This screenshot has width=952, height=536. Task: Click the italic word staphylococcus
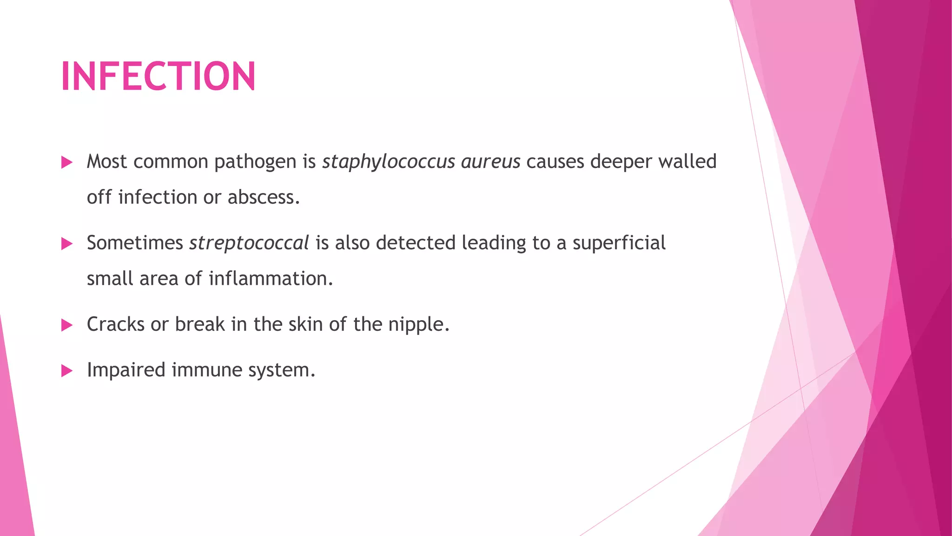click(x=389, y=162)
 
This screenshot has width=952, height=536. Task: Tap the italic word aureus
click(x=490, y=162)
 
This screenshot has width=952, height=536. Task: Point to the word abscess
click(x=264, y=197)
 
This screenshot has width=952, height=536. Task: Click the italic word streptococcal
click(x=249, y=243)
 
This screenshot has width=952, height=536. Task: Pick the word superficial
click(x=619, y=243)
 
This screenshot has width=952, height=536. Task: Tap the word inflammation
click(x=271, y=279)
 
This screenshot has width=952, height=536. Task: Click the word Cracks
click(x=115, y=324)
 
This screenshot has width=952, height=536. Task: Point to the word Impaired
click(x=126, y=370)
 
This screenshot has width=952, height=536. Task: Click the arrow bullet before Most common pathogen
click(x=67, y=162)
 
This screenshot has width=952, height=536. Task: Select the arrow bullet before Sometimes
click(x=67, y=243)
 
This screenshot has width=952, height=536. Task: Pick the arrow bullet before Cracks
click(x=67, y=325)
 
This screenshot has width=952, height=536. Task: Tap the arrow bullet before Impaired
click(x=67, y=371)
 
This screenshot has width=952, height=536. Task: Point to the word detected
click(x=416, y=243)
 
